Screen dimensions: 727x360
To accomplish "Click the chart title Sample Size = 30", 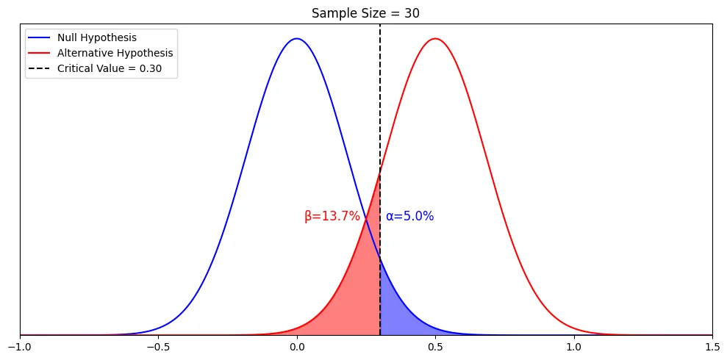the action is point(365,13).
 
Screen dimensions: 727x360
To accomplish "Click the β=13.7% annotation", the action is point(332,216).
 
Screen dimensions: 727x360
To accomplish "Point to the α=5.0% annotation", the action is point(410,216).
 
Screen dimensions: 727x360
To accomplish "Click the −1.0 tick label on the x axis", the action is point(20,347).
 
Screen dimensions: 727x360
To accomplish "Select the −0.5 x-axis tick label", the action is point(159,347).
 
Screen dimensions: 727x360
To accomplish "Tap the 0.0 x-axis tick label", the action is point(297,347).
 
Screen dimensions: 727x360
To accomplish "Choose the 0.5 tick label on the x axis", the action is point(435,347).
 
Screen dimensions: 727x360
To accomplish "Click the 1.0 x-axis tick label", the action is point(574,347).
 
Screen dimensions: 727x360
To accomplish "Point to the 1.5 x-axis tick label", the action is point(712,347).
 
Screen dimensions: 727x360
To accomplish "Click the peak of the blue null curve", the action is point(297,38).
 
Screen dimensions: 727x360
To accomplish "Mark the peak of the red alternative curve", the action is point(435,38).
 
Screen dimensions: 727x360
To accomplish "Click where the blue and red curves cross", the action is point(366,220).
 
